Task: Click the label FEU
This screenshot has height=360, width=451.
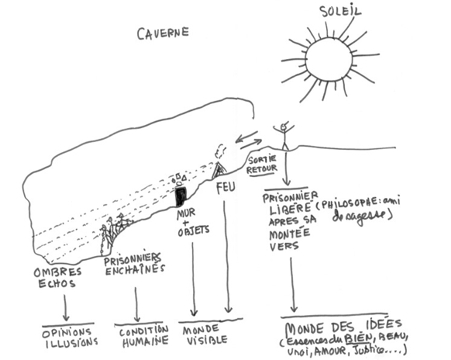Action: click(225, 187)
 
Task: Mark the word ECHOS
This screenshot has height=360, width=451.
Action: click(54, 284)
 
